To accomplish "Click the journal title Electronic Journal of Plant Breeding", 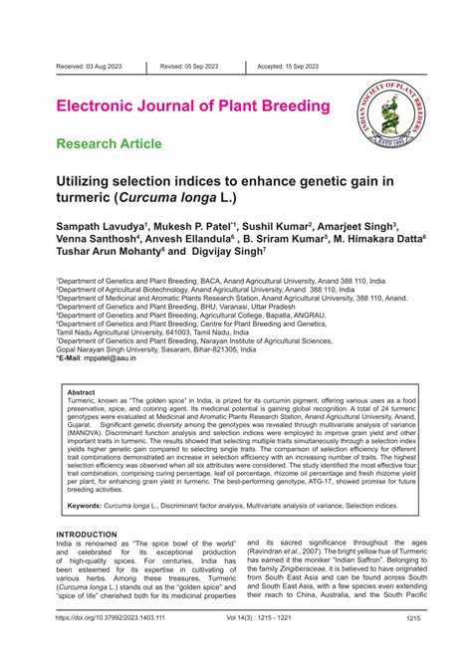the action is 193,106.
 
